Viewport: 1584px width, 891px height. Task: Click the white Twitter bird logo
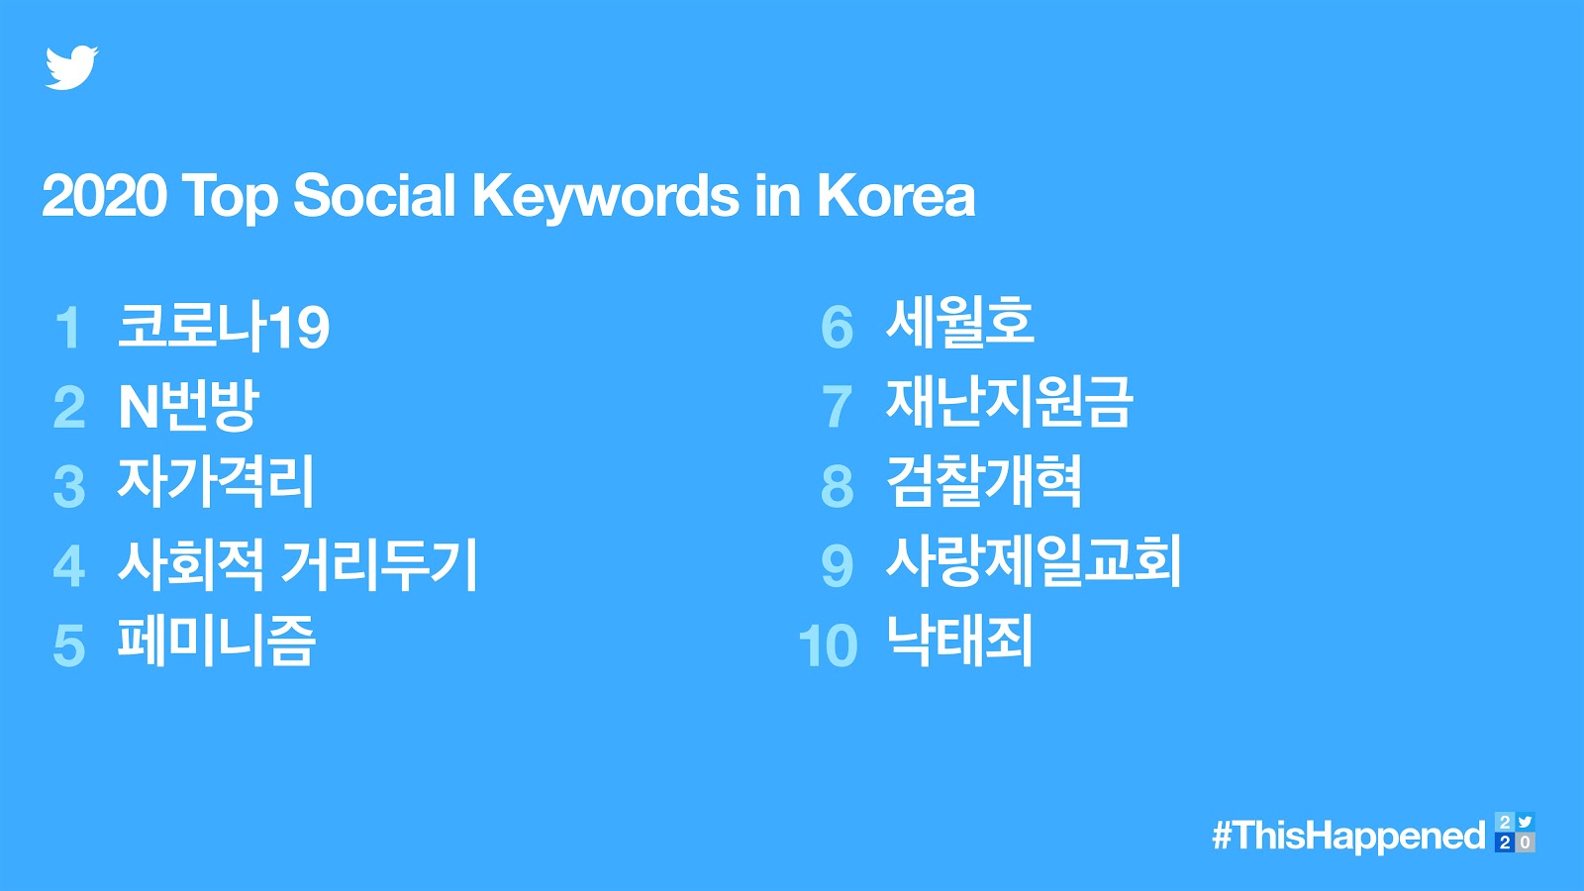71,68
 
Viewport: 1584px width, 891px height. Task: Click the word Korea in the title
896,195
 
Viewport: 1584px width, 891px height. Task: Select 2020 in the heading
105,195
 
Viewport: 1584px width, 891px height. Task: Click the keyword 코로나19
224,326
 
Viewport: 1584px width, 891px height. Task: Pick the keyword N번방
188,406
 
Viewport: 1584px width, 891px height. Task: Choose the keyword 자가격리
215,482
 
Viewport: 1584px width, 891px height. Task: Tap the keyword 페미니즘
216,641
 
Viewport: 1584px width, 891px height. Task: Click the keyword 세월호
959,323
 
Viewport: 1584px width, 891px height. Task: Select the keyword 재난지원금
1009,402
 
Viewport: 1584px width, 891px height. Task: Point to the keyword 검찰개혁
984,481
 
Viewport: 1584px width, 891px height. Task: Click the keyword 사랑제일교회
1034,560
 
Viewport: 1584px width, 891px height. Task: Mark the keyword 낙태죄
959,640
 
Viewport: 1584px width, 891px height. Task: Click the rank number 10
828,645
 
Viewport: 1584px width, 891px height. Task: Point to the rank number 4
69,565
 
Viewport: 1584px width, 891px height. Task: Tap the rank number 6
838,328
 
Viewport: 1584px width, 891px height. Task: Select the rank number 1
69,328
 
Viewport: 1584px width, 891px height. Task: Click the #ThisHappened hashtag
1348,836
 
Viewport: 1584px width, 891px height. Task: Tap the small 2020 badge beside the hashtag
1515,833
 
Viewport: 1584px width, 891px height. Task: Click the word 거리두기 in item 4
380,564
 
